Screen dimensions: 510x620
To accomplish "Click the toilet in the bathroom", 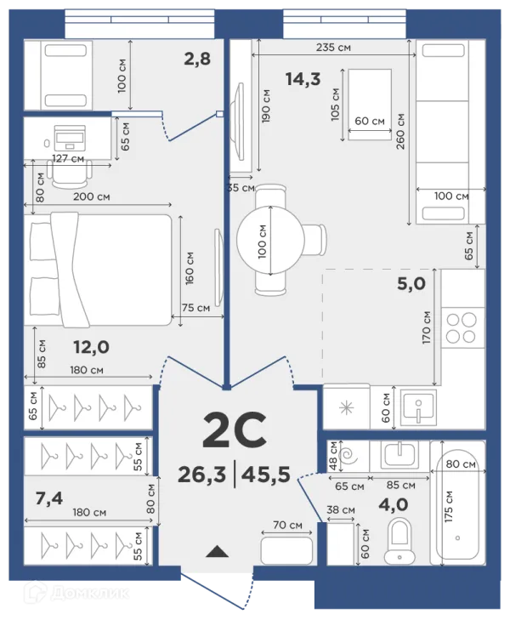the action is pos(399,541).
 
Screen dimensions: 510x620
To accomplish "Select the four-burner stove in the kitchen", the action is pos(461,327).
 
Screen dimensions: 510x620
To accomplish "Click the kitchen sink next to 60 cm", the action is pos(418,408).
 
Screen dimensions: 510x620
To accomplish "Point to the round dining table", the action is pos(270,240).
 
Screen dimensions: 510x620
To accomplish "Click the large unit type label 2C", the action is pos(235,430).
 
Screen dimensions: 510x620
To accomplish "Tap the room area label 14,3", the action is pos(303,79).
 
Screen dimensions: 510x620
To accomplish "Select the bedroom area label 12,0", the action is pos(91,347).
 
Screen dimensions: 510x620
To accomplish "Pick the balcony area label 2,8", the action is pos(197,59).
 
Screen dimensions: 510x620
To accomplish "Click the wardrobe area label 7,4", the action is pos(49,498).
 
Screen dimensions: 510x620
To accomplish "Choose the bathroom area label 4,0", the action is pos(393,504).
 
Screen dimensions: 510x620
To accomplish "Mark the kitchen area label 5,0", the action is pos(411,283).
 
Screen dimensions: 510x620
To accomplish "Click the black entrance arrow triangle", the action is pos(218,551).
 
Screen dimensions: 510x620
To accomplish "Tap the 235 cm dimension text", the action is pos(333,48).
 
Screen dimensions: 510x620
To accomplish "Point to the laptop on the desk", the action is pos(69,137).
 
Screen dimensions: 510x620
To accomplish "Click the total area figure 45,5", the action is pos(265,474).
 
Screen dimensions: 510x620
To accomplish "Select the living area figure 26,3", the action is pos(201,474).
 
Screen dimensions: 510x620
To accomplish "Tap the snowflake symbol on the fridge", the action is pos(347,408).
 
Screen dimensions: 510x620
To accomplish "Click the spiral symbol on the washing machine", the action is pos(349,457).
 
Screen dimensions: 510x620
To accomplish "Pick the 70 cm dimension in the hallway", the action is pos(287,525).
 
